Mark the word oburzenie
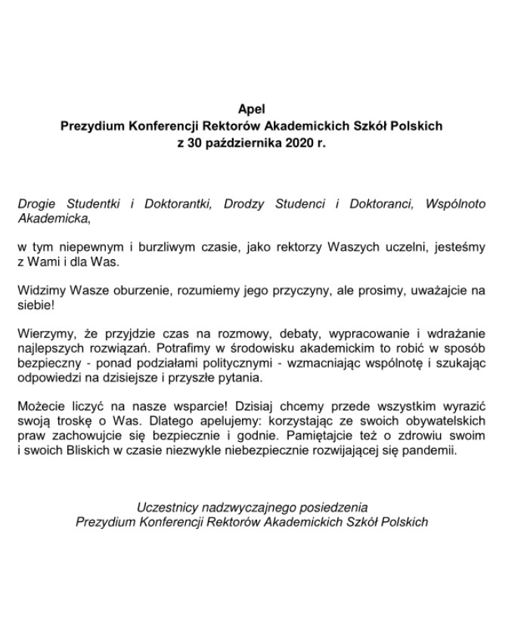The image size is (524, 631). click(143, 290)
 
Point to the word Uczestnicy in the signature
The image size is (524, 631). click(166, 506)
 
